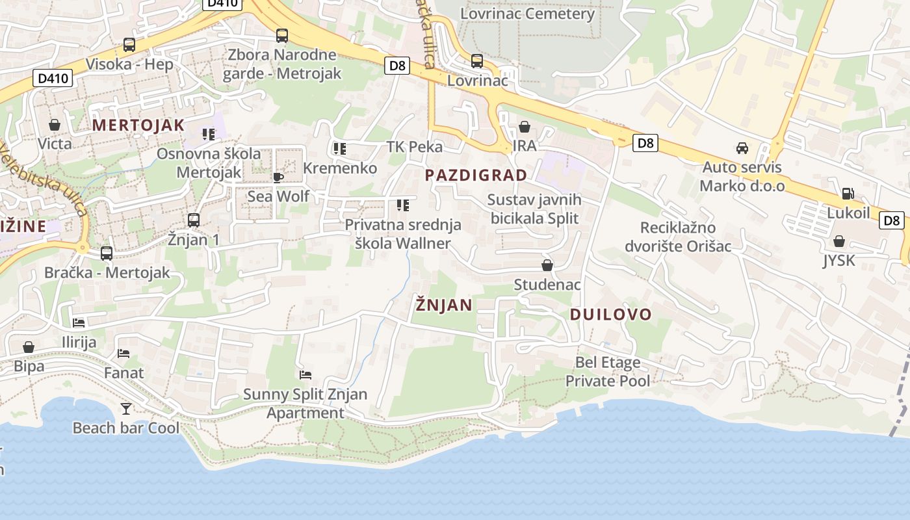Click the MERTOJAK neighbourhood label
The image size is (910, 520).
click(x=138, y=125)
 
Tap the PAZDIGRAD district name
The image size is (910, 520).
click(x=476, y=175)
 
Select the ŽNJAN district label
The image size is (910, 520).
click(x=444, y=305)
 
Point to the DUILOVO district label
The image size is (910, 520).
click(x=610, y=315)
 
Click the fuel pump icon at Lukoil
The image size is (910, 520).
click(x=848, y=193)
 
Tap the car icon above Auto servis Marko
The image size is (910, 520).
click(x=742, y=148)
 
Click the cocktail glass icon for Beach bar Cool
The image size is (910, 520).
click(x=126, y=408)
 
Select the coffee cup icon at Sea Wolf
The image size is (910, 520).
click(x=278, y=177)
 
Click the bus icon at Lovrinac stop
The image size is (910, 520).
click(x=477, y=61)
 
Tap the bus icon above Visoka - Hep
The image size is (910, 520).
click(x=129, y=45)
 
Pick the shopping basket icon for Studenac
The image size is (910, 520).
click(x=547, y=265)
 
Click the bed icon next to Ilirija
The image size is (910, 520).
click(x=79, y=322)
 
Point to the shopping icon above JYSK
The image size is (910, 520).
click(x=839, y=241)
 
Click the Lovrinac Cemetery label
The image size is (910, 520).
click(x=527, y=14)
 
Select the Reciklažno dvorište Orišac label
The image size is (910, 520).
click(x=678, y=237)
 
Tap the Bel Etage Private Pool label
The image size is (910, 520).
click(x=608, y=371)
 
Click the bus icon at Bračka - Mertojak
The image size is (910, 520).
click(x=107, y=253)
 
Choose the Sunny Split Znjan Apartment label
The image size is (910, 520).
click(x=305, y=403)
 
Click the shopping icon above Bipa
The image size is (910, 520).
click(x=29, y=347)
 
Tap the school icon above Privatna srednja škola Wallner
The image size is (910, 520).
click(x=403, y=205)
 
